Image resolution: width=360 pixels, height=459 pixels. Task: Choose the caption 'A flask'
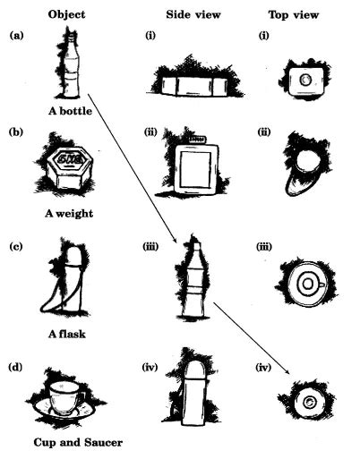69,336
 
